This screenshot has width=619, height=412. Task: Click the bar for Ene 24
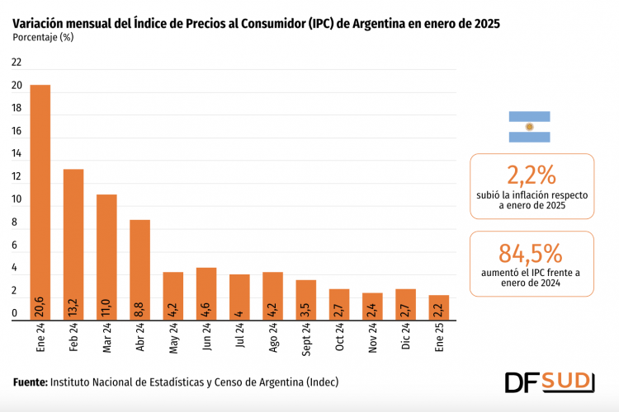point(40,202)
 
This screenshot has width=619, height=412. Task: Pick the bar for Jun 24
point(206,293)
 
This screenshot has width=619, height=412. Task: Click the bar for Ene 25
point(439,307)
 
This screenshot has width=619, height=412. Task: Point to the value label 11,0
point(107,307)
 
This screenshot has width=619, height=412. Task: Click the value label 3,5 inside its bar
point(306,307)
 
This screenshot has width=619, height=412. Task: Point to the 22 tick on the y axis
point(17,63)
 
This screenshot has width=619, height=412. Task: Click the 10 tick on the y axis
point(17,199)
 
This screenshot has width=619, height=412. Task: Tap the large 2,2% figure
point(532,175)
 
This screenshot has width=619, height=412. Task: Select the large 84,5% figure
point(531,253)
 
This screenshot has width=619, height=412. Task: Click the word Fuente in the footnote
point(30,382)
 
